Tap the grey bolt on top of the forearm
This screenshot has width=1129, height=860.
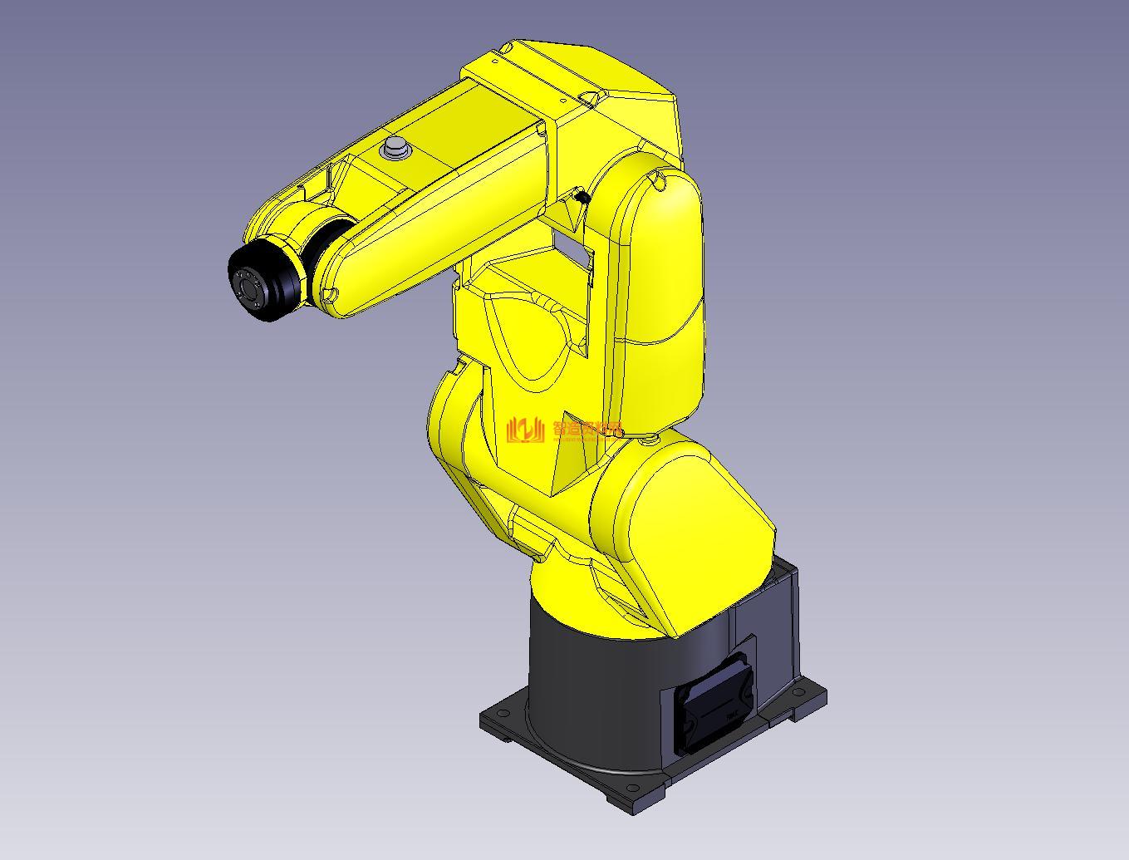coord(395,150)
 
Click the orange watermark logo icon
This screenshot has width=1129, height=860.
coord(525,430)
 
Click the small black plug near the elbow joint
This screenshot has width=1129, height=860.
coord(582,197)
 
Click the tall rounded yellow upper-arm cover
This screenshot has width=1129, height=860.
coord(660,291)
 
